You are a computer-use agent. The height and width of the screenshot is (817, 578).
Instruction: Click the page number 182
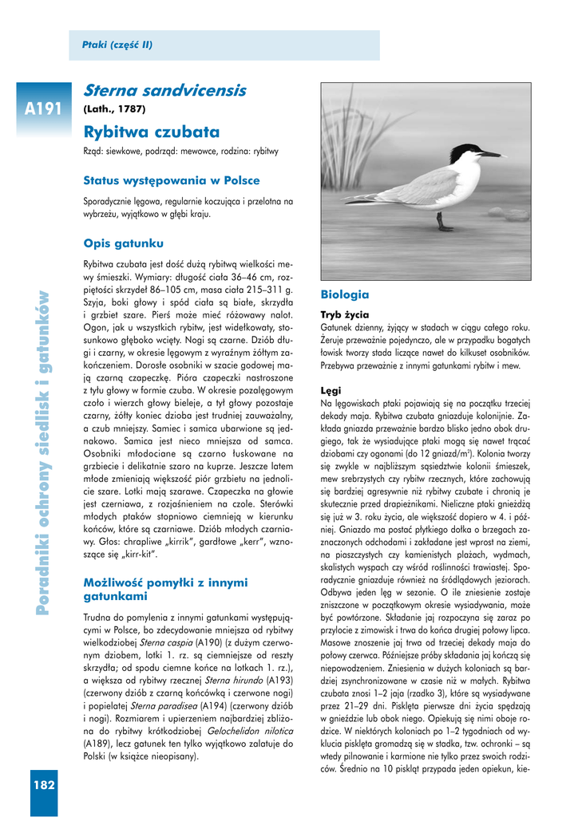pos(44,785)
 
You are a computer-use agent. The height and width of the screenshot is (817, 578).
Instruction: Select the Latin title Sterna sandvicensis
pos(164,91)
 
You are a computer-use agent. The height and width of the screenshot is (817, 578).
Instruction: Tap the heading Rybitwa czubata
pos(151,132)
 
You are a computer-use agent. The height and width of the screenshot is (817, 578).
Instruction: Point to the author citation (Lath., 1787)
pos(115,109)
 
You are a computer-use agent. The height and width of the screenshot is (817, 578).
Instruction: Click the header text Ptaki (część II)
pos(117,45)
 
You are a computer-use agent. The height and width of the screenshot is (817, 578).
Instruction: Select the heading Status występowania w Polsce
pos(172,180)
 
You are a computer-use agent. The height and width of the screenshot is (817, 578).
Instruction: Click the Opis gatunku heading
pos(123,242)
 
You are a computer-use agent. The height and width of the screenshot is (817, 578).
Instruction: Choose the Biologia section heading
pos(345,294)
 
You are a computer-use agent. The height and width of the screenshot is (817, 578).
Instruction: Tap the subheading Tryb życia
pos(344,314)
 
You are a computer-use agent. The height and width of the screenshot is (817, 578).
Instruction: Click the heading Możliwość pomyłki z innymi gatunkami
pos(165,590)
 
